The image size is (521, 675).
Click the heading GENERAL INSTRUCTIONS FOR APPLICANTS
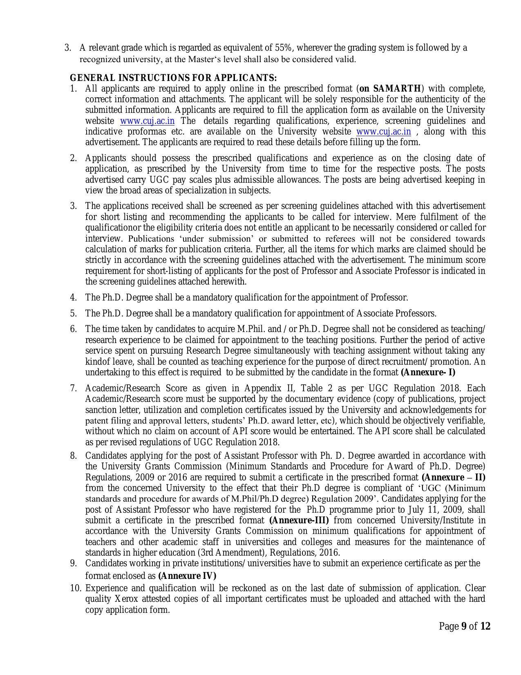(x=173, y=78)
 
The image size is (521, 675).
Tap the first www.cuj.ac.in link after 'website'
(x=147, y=121)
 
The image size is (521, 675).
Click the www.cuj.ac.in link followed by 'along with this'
(x=383, y=132)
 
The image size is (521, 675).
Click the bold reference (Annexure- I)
(x=428, y=372)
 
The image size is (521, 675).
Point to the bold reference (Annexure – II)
(x=453, y=478)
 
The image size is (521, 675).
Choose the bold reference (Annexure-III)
(x=299, y=520)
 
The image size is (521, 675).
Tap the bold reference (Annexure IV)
(x=187, y=576)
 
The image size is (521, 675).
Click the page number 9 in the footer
(x=464, y=626)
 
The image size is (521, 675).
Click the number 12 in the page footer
(x=485, y=626)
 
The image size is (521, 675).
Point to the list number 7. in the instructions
(x=74, y=388)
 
